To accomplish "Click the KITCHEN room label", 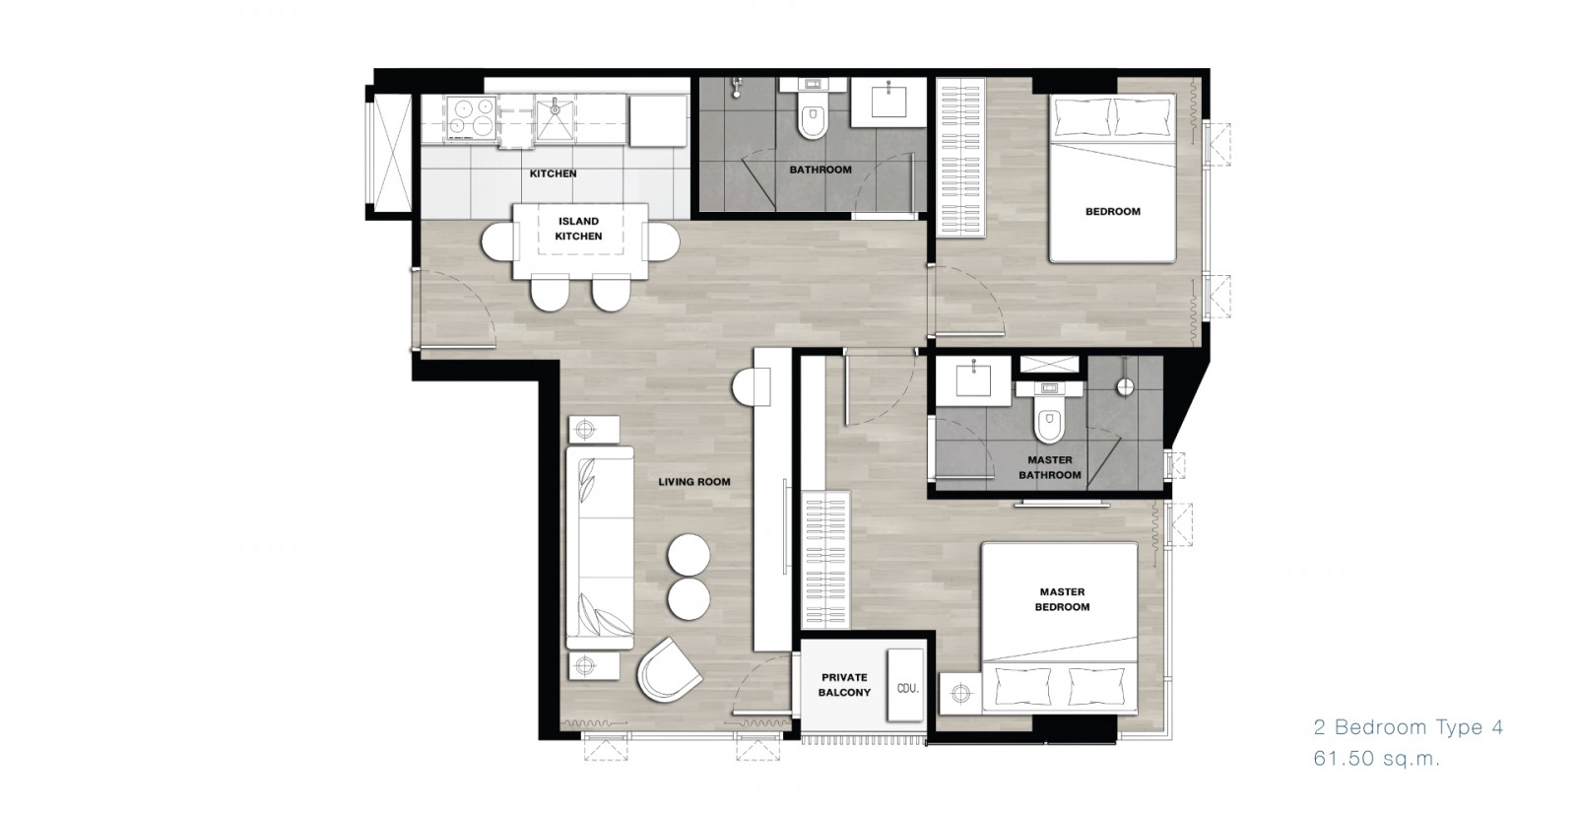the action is click(553, 173).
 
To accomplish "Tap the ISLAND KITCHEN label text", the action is click(578, 229).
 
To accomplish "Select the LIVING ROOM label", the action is click(694, 482).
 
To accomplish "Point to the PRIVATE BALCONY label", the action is click(844, 684).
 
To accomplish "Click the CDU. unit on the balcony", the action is click(905, 685).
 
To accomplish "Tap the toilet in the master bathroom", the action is click(1049, 419).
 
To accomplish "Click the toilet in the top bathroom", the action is click(813, 117).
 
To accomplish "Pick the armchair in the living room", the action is click(669, 669).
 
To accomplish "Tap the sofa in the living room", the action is click(600, 548).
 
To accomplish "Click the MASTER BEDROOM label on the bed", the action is click(1062, 599).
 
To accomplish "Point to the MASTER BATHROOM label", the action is click(1050, 467).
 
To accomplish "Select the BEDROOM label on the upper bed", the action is click(1112, 211).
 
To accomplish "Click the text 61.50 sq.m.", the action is click(1377, 759).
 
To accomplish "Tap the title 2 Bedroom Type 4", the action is click(1408, 727).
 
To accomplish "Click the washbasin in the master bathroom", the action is click(974, 376).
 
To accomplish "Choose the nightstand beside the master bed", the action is click(959, 694).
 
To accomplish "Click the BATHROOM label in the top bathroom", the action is click(821, 170).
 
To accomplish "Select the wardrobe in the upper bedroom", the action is click(960, 158).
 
